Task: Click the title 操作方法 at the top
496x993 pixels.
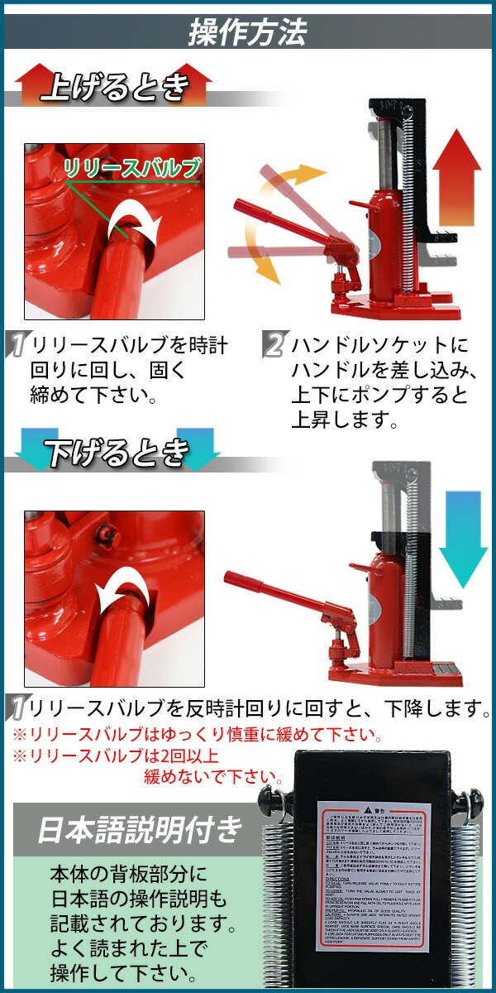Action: point(247,31)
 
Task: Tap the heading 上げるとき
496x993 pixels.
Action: point(116,85)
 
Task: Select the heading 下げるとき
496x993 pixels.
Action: point(116,452)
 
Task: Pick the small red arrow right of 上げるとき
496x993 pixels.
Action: point(195,84)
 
